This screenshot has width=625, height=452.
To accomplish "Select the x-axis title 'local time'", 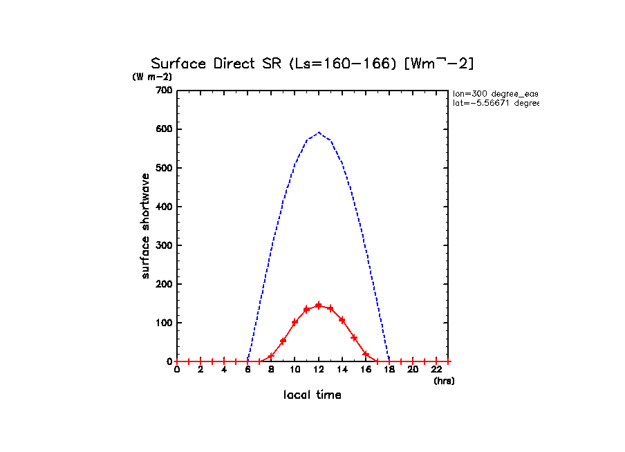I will point(312,395).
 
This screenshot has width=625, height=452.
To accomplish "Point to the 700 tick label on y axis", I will point(164,91).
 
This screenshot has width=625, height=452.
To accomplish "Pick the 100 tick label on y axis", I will point(164,323).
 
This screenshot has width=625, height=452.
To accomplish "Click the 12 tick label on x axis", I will point(319,370).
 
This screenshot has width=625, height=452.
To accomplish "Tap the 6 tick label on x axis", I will point(248,370).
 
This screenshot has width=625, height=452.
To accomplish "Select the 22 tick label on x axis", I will point(436,370).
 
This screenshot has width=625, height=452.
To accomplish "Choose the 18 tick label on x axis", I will point(389,370).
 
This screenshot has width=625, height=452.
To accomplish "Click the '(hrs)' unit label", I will point(444,381).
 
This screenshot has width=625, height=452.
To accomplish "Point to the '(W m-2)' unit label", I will point(152,77).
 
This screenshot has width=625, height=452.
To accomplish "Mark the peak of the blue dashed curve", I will point(319,132).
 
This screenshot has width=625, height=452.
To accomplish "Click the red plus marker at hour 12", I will point(319,305).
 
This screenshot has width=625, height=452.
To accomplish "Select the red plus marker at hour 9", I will point(283,341).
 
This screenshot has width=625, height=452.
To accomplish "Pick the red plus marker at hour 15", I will point(354,337).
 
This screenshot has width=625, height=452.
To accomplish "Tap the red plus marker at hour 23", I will point(448,361).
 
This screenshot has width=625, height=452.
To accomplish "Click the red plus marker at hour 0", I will point(177,361).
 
